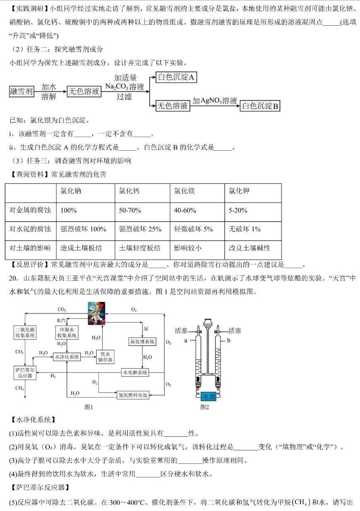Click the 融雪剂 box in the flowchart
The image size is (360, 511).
[21, 92]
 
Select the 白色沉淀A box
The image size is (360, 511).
[176, 77]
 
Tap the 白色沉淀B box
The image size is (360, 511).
[260, 106]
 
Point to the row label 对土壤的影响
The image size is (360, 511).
[30, 248]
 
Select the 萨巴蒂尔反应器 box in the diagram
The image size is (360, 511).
[24, 372]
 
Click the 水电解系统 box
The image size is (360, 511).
[135, 372]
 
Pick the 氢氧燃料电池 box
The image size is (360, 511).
[133, 395]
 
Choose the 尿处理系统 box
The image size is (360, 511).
[142, 341]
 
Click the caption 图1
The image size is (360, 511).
[89, 407]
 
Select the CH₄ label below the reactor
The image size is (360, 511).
[19, 388]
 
